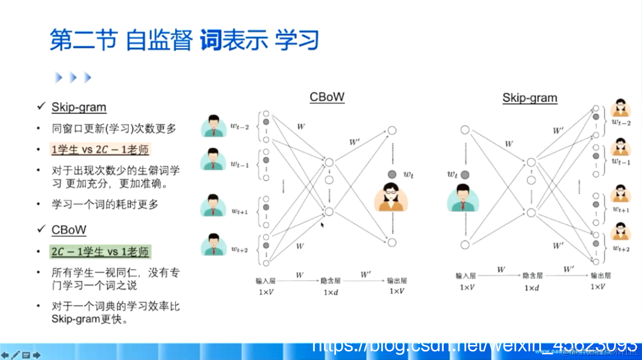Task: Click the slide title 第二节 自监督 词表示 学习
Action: tap(184, 40)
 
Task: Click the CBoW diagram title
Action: tap(327, 97)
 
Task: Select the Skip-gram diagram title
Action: tap(530, 98)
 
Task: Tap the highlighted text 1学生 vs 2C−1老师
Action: tap(100, 150)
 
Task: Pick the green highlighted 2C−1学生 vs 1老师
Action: tap(100, 251)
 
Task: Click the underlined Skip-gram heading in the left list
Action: tap(79, 107)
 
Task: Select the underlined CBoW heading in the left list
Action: tap(69, 230)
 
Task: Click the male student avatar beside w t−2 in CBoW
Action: tap(214, 126)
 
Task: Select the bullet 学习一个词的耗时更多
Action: tap(105, 204)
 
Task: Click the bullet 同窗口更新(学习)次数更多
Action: tap(114, 129)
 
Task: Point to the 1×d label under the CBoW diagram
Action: tap(331, 292)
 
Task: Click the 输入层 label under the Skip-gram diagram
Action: tap(465, 276)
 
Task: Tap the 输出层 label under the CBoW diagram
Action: tap(397, 280)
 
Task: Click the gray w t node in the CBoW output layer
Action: tap(392, 174)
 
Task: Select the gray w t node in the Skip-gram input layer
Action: tap(465, 175)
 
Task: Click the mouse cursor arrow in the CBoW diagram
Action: tap(322, 224)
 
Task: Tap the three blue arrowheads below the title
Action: tap(73, 77)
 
